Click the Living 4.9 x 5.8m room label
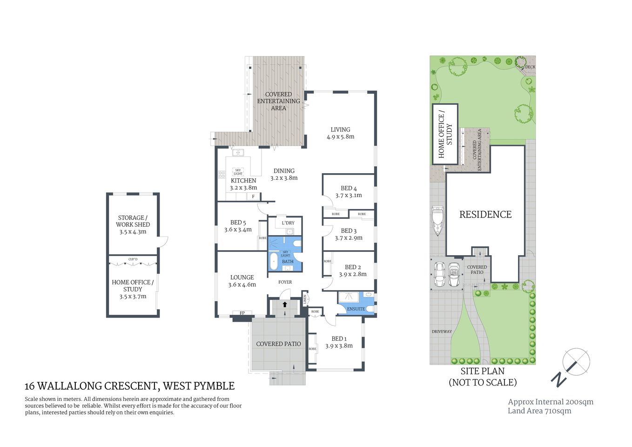pos(340,133)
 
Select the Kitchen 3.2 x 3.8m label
pos(243,184)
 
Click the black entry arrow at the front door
pos(285,305)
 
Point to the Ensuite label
pos(356,309)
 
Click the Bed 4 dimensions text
pos(349,196)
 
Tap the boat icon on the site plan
pos(437,221)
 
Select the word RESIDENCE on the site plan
pos(485,215)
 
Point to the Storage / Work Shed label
pos(133,224)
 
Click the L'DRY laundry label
pos(288,223)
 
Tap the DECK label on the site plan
pos(530,67)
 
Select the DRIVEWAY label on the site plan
pos(442,332)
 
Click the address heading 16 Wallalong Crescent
pos(129,386)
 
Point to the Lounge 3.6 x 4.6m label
pos(242,281)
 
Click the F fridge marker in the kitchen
pos(253,196)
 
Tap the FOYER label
pos(285,282)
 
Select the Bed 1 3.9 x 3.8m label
pos(339,342)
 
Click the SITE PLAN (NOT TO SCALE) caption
pos(482,377)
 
